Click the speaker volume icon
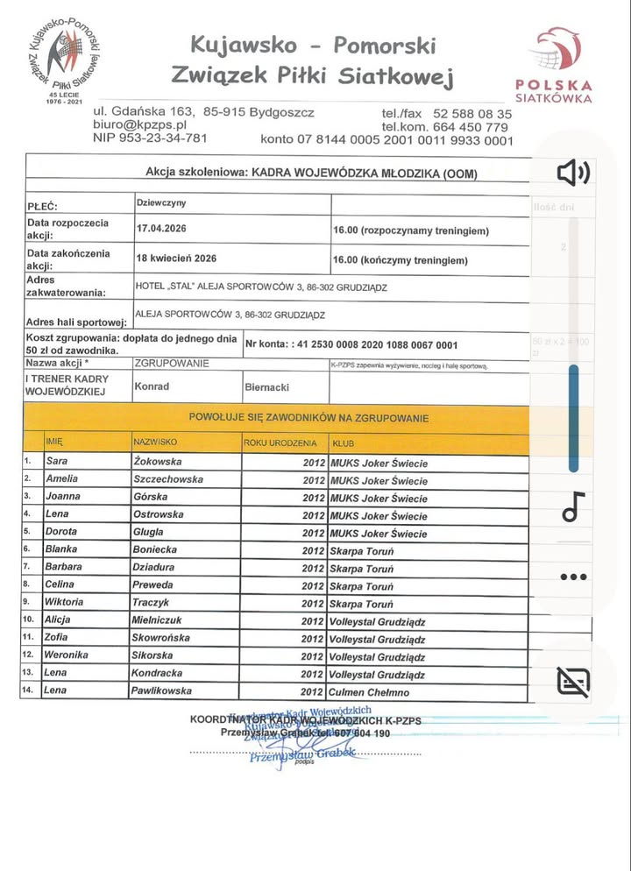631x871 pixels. [x=574, y=173]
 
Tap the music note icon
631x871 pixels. [x=573, y=506]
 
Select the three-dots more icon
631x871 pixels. [x=573, y=577]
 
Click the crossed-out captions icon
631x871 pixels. [x=573, y=680]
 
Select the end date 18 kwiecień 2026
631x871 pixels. [x=176, y=259]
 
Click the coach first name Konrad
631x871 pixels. [x=152, y=385]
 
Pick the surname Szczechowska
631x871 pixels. [x=168, y=479]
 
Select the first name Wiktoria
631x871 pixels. [x=66, y=602]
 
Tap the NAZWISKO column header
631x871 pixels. [x=156, y=443]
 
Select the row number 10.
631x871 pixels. [x=30, y=620]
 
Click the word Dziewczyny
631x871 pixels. [x=161, y=203]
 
